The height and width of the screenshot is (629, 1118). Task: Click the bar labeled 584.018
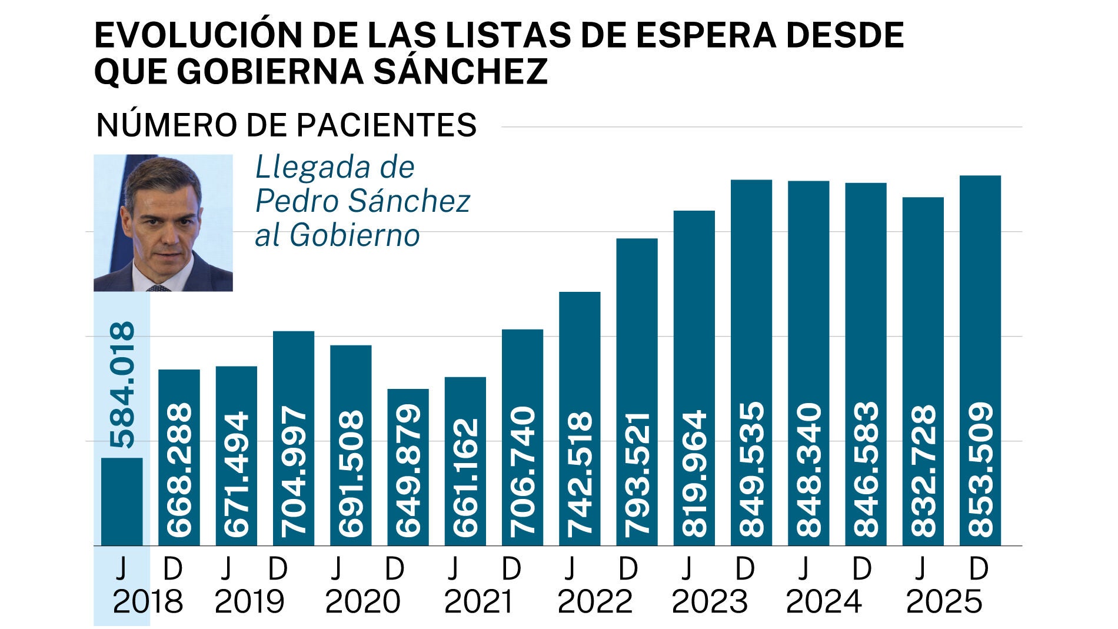(x=122, y=501)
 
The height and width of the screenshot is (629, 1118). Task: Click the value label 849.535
(x=751, y=469)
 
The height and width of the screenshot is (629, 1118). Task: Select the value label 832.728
(x=923, y=470)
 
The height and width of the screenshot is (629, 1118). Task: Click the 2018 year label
(x=148, y=602)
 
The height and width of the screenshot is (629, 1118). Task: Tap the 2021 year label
(x=479, y=602)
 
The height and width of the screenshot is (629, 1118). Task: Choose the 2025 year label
(x=944, y=602)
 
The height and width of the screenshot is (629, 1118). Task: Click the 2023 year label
(x=710, y=602)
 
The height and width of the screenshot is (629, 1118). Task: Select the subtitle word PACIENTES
(x=386, y=125)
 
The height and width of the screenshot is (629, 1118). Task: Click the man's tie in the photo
(x=158, y=288)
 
